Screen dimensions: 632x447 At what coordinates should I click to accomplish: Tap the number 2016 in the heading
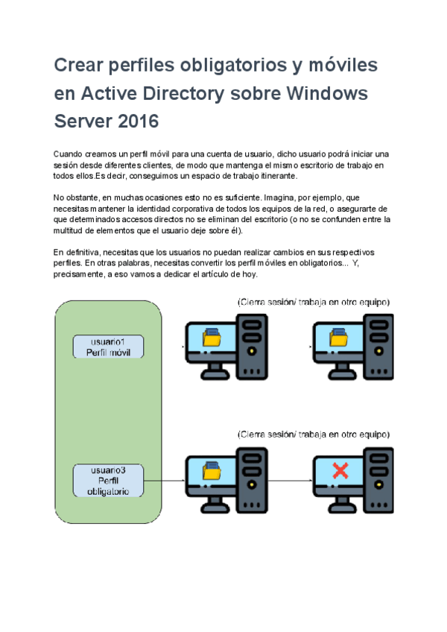138,121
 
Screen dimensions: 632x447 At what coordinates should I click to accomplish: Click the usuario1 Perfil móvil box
109,346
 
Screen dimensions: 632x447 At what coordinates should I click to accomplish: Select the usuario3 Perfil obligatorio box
109,481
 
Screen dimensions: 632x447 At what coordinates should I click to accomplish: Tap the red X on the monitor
340,470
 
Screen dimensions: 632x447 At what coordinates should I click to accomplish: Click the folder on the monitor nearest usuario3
212,471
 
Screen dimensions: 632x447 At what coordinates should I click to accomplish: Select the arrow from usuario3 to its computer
165,481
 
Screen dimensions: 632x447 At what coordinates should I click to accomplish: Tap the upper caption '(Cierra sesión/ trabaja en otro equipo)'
313,303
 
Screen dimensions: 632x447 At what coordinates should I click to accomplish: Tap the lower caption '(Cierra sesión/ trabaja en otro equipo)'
313,434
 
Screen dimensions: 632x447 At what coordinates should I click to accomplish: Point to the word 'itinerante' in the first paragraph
275,176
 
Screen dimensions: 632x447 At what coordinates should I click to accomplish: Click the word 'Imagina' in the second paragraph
283,197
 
